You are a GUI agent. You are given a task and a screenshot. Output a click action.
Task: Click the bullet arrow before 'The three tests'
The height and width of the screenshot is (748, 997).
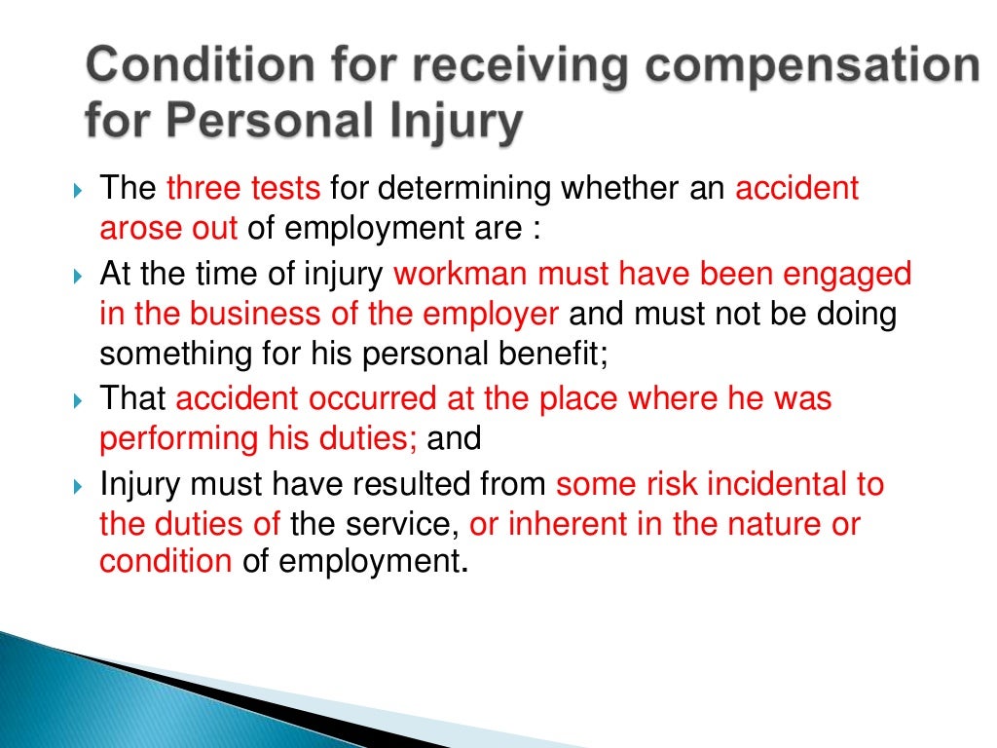80,188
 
